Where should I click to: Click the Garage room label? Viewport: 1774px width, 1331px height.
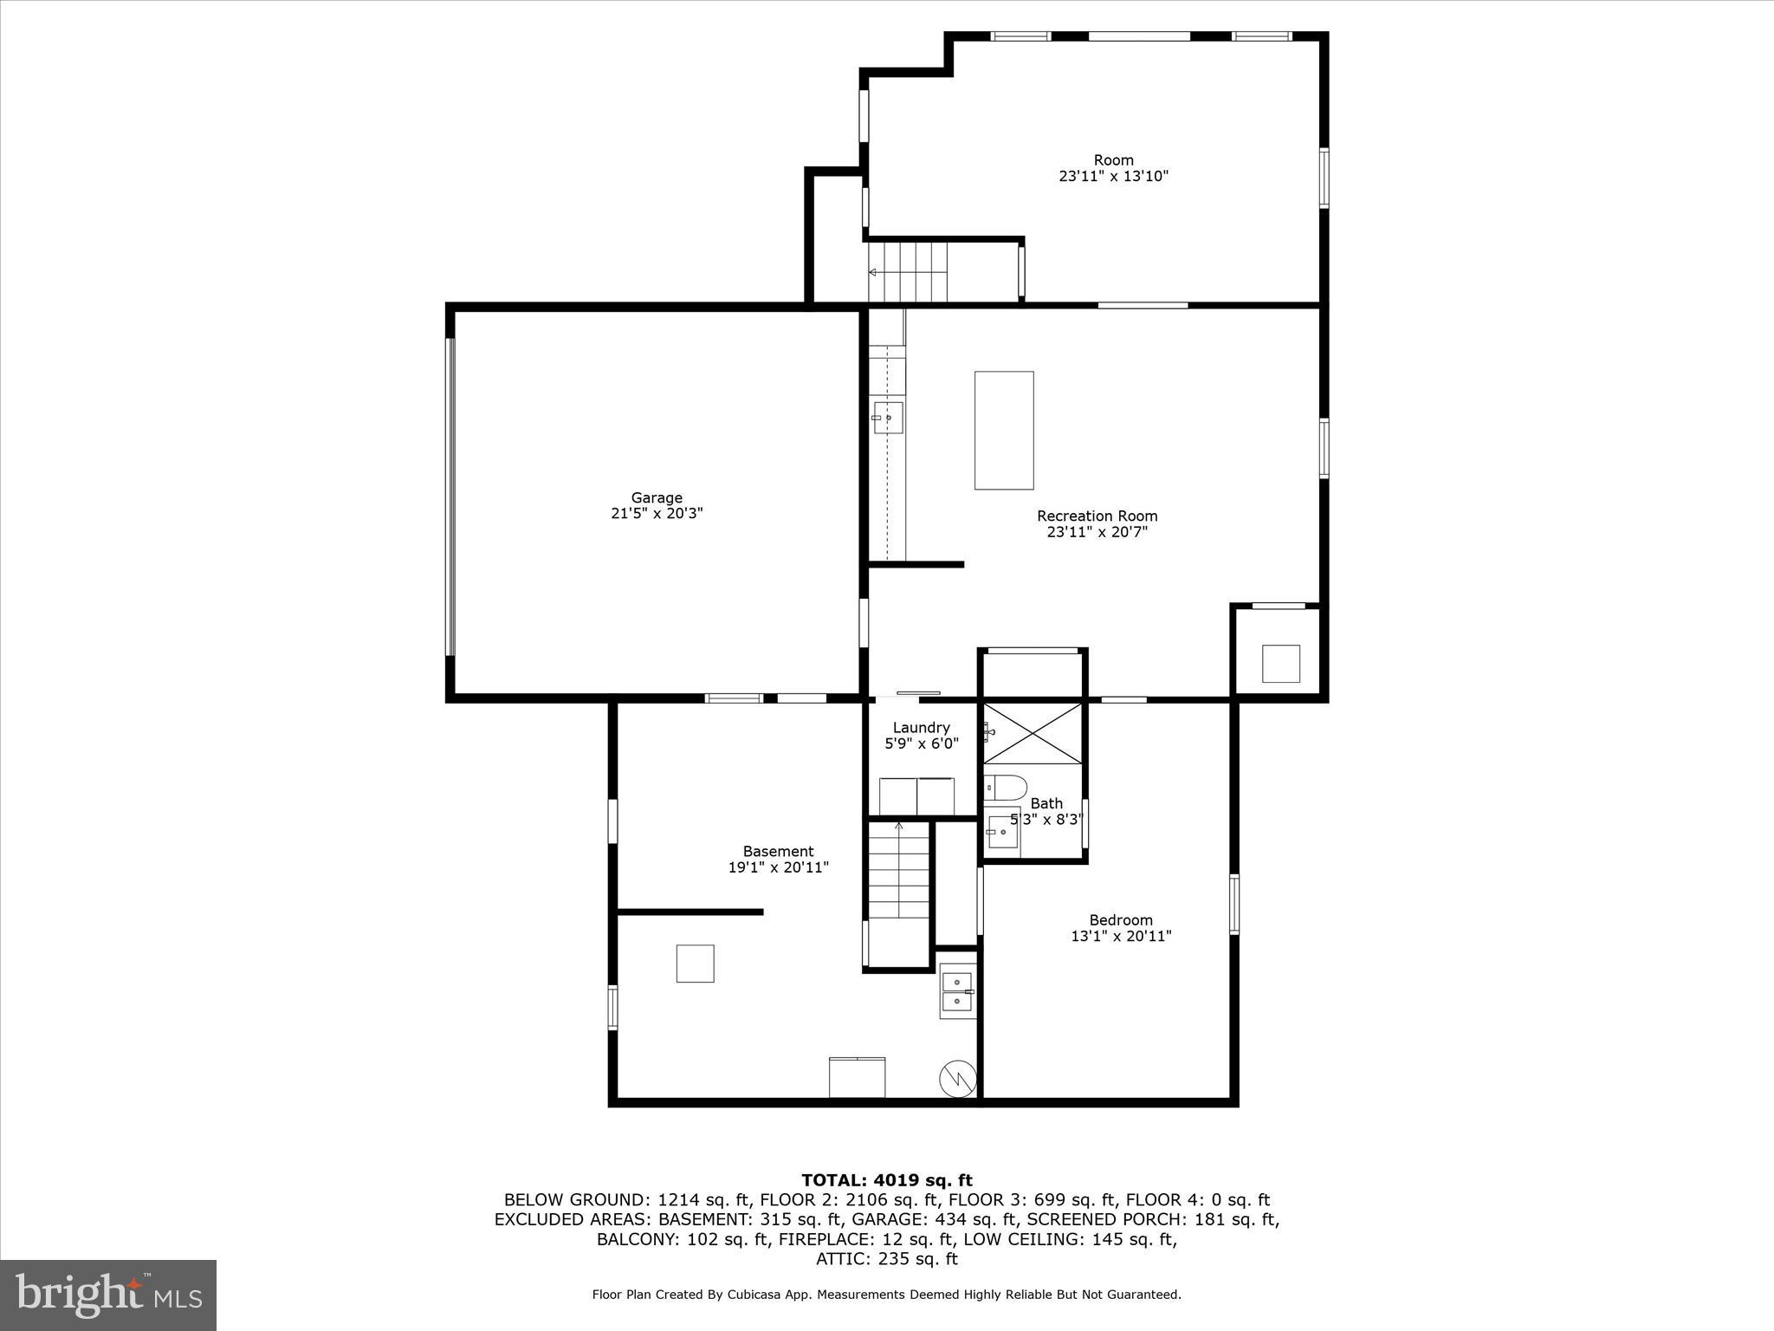[x=657, y=497]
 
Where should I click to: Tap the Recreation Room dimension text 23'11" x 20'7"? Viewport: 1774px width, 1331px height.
[x=1097, y=532]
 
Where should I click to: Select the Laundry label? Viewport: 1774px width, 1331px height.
[x=921, y=728]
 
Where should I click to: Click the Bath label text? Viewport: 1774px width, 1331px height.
[x=1046, y=803]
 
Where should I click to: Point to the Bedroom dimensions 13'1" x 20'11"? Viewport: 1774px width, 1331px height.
[x=1121, y=936]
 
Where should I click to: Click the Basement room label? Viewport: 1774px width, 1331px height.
[x=778, y=851]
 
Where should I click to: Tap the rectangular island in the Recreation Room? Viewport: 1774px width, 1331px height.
[x=1004, y=430]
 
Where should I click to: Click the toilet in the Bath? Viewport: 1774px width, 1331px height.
[x=1008, y=788]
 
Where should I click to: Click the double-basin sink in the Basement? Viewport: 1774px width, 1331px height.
[x=956, y=991]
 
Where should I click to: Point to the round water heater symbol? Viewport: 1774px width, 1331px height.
[x=957, y=1077]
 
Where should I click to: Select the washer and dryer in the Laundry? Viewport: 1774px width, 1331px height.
[x=916, y=796]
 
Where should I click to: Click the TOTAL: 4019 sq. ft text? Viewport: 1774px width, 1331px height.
[x=886, y=1180]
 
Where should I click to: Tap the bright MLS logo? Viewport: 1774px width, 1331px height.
[x=108, y=1295]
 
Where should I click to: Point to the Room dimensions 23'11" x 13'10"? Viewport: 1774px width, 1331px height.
[x=1113, y=176]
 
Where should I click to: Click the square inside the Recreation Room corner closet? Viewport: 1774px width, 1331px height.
[x=1280, y=664]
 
